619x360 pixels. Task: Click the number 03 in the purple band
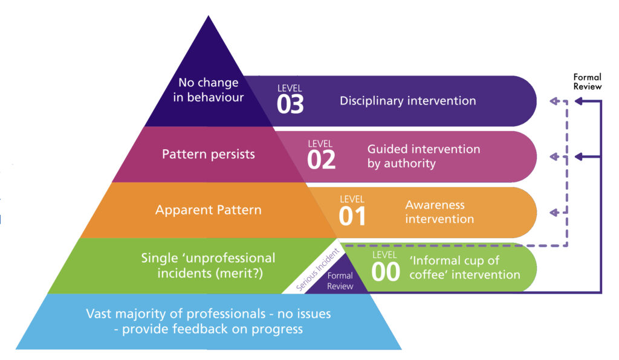pyautogui.click(x=290, y=104)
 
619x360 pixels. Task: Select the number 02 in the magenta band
pyautogui.click(x=321, y=160)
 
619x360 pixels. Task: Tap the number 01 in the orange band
pyautogui.click(x=352, y=216)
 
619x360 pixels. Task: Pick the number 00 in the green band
pyautogui.click(x=385, y=272)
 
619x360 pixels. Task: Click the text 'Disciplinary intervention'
pyautogui.click(x=407, y=100)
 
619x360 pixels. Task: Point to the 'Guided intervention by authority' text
pyautogui.click(x=423, y=156)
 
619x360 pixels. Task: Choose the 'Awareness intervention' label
pyautogui.click(x=439, y=211)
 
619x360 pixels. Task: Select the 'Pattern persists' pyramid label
pyautogui.click(x=208, y=154)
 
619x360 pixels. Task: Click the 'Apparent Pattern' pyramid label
pyautogui.click(x=208, y=210)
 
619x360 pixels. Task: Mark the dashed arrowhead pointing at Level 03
pyautogui.click(x=553, y=101)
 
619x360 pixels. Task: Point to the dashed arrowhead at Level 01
pyautogui.click(x=553, y=213)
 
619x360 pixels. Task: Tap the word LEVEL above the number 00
pyautogui.click(x=385, y=255)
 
